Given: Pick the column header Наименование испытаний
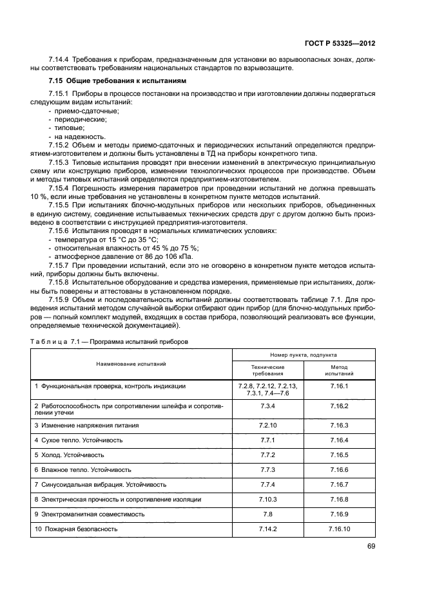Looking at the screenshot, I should click(131, 364).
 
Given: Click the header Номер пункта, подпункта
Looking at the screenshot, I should click(304, 355).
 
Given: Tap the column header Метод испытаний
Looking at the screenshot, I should click(339, 370).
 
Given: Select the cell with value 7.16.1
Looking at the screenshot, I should click(339, 386).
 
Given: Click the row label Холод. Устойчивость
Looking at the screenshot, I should click(76, 455).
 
